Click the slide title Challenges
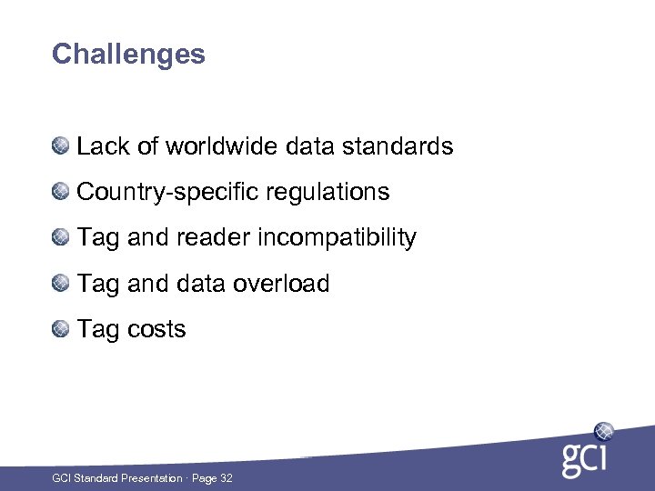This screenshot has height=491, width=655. point(128,55)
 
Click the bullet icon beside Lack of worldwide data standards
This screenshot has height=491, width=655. point(60,145)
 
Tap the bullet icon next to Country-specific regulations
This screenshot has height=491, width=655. point(60,192)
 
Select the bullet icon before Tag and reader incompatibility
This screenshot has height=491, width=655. point(60,237)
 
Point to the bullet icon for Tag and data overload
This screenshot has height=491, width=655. point(60,284)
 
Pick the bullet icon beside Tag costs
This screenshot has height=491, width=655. point(60,329)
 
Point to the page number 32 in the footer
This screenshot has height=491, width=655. point(226,478)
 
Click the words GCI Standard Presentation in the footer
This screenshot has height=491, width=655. point(116,478)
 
